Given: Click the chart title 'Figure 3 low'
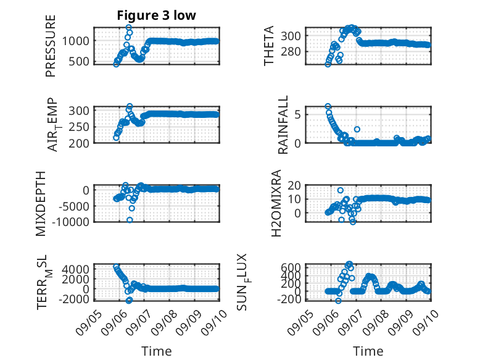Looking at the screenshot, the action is click(x=157, y=15).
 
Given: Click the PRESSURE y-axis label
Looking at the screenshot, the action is click(x=51, y=46).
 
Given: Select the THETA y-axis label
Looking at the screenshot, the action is click(x=268, y=46).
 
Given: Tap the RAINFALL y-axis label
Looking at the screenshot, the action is click(x=283, y=124).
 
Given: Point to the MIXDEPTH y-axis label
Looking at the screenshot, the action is click(x=41, y=204).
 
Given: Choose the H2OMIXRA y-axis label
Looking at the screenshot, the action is click(x=276, y=203).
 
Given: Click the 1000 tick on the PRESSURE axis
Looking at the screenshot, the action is click(x=76, y=41).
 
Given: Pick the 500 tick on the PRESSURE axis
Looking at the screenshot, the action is click(x=79, y=61).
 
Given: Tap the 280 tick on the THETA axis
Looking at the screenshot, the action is click(x=291, y=51).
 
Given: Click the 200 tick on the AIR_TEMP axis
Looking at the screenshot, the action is click(x=79, y=143).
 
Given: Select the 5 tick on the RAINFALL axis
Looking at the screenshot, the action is click(x=298, y=115).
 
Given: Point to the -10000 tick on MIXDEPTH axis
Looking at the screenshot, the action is click(x=70, y=222).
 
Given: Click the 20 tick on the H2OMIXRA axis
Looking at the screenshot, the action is click(x=294, y=185).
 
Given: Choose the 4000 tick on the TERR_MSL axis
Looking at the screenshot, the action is click(x=76, y=269).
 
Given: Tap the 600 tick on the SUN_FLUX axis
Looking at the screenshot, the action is click(x=291, y=267).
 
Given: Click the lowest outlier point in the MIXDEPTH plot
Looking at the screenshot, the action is click(x=130, y=220).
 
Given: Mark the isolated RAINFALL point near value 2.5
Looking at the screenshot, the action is click(x=357, y=129).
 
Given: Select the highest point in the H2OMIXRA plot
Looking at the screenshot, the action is click(x=341, y=190).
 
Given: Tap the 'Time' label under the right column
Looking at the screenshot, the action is click(x=368, y=351).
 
